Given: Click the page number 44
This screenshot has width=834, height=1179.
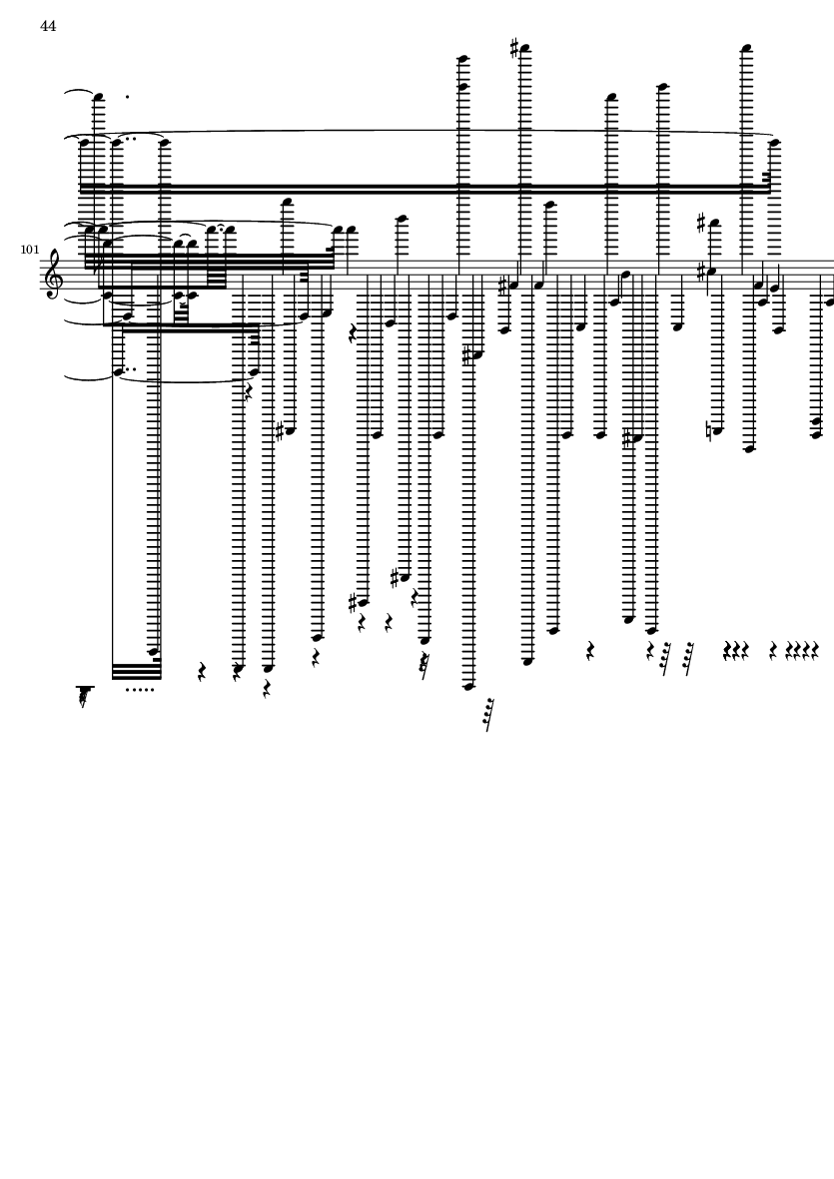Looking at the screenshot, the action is pyautogui.click(x=48, y=26).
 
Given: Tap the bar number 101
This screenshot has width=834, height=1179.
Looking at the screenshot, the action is pyautogui.click(x=29, y=250).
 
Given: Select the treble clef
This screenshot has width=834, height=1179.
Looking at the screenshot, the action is pyautogui.click(x=53, y=275).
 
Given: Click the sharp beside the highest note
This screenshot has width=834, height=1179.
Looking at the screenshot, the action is pyautogui.click(x=514, y=48).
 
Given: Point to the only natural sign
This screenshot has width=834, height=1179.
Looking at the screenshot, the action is pyautogui.click(x=711, y=431).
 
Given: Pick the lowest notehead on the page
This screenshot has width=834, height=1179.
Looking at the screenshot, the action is pyautogui.click(x=468, y=686).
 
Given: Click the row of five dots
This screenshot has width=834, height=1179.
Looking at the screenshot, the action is pyautogui.click(x=140, y=690).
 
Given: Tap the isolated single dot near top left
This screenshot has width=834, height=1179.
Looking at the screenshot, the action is pyautogui.click(x=127, y=97).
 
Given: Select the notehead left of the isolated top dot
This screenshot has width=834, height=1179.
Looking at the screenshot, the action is pyautogui.click(x=99, y=97).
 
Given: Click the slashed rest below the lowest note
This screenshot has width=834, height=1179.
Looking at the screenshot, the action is pyautogui.click(x=488, y=715).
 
